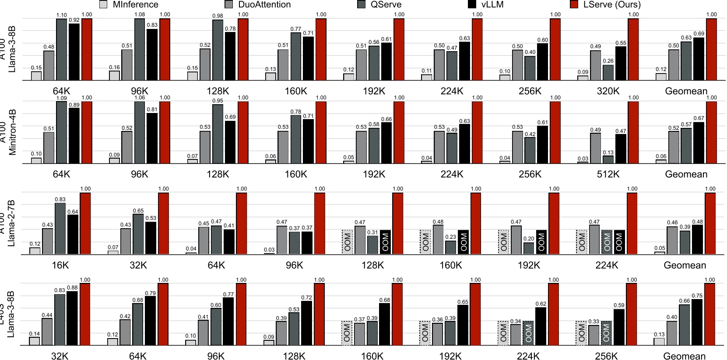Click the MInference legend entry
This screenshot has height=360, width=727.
click(129, 5)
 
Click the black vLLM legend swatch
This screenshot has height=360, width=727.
click(472, 5)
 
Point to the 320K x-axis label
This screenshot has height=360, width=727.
click(608, 91)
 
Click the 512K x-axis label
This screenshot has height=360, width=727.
click(608, 174)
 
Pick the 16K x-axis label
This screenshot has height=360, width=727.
click(60, 265)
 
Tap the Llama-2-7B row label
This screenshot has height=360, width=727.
click(11, 223)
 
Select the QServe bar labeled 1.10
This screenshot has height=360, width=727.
click(61, 49)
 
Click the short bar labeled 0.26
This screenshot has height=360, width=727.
click(608, 73)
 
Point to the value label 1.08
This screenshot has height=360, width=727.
click(140, 14)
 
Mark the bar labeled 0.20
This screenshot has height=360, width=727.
click(529, 248)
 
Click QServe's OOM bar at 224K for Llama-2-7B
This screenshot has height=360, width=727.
click(607, 242)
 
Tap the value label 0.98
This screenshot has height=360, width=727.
click(218, 16)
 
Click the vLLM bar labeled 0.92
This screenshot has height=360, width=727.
click(74, 52)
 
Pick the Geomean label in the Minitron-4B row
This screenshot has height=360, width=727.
click(686, 174)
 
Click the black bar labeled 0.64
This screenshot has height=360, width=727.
click(73, 234)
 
